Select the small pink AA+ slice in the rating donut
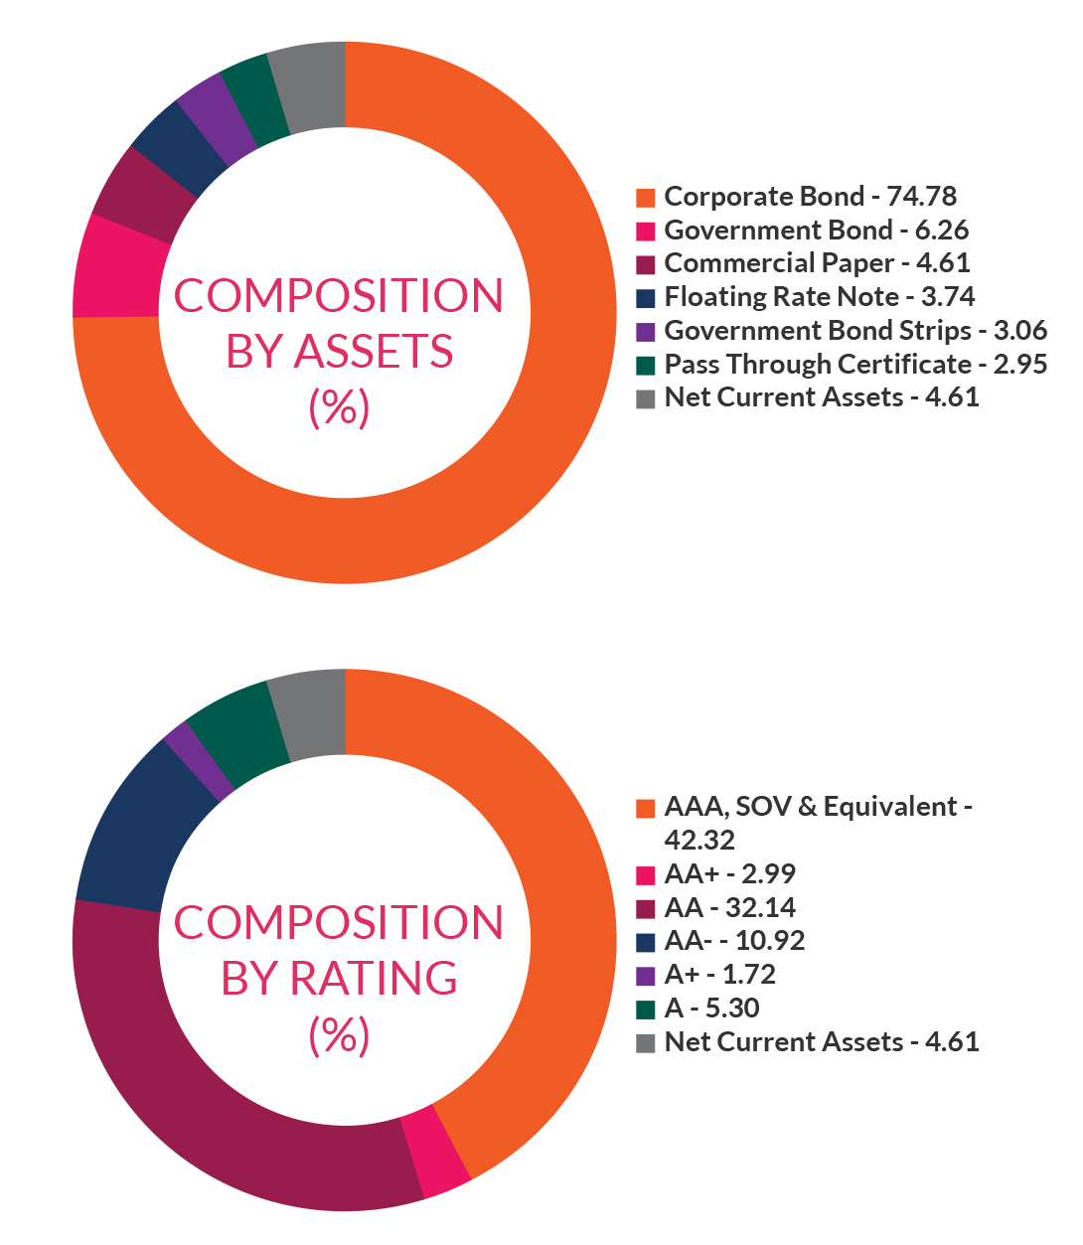pyautogui.click(x=436, y=1151)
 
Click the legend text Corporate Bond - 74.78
pyautogui.click(x=810, y=197)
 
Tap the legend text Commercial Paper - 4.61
pyautogui.click(x=817, y=263)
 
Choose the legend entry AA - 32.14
pyautogui.click(x=730, y=907)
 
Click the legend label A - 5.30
pyautogui.click(x=711, y=1009)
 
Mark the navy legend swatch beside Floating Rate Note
pyautogui.click(x=646, y=298)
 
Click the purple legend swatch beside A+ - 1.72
pyautogui.click(x=646, y=976)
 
